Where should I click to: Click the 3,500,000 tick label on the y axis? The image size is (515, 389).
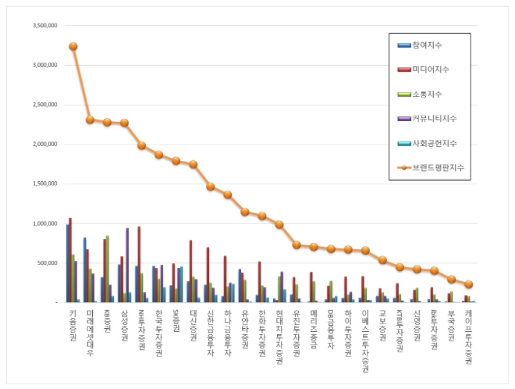[x=44, y=25]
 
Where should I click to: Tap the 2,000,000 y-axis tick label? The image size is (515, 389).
[x=44, y=145]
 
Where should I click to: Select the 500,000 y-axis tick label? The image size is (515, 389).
[x=47, y=263]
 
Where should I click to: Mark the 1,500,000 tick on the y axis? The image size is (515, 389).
[x=44, y=184]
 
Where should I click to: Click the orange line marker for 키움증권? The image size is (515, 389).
[x=73, y=46]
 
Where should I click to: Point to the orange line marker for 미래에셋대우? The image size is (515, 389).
[x=90, y=120]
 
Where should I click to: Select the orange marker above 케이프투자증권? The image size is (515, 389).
[x=468, y=284]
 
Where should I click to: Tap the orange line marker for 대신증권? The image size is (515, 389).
[x=193, y=164]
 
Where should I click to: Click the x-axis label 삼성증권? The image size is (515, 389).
[x=124, y=327]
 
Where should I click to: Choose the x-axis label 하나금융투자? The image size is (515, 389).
[x=227, y=332]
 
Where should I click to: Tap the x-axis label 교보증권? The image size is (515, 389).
[x=382, y=327]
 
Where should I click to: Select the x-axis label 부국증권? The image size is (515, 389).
[x=451, y=327]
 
